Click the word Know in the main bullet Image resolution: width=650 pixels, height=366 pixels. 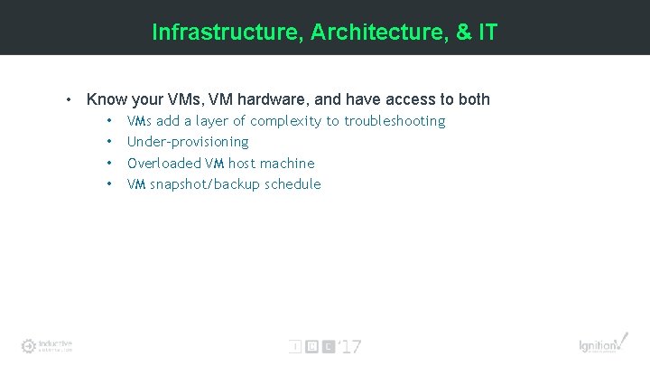(x=106, y=99)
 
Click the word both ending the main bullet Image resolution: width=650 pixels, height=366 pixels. (x=472, y=99)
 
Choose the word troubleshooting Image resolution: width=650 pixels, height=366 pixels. (x=395, y=121)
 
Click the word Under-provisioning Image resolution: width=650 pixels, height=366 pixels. (x=188, y=142)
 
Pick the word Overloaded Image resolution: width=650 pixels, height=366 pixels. (x=164, y=164)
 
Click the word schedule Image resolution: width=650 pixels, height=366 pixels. (x=292, y=184)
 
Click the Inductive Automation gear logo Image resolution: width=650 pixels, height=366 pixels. (x=29, y=345)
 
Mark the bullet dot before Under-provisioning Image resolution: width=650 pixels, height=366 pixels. (x=109, y=142)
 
